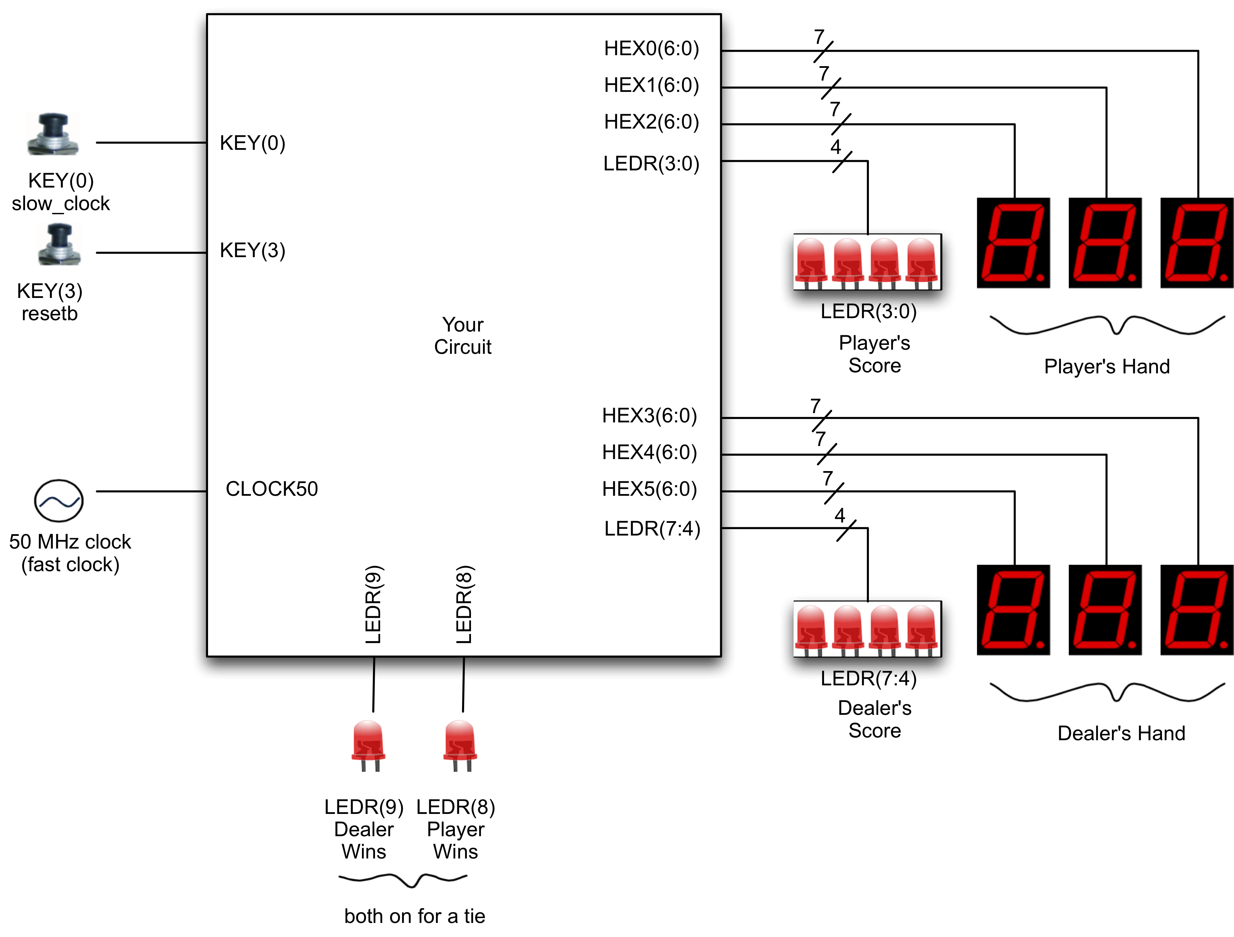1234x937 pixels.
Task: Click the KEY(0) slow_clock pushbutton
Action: (x=53, y=134)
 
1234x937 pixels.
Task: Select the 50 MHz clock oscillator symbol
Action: (x=59, y=501)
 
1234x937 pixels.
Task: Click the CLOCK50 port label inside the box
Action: (x=272, y=489)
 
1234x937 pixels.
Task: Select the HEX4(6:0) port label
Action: (x=649, y=452)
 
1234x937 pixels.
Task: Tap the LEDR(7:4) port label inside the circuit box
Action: (x=652, y=528)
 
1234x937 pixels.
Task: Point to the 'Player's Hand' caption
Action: (x=1107, y=367)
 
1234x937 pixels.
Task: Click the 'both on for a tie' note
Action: (x=414, y=916)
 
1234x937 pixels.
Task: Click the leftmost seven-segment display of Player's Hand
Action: (x=1013, y=243)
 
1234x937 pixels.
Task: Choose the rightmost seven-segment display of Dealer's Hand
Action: (x=1197, y=610)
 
